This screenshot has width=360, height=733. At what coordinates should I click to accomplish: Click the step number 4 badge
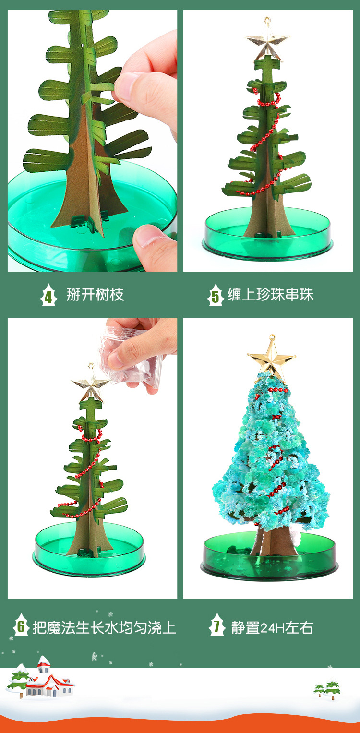pos(48,295)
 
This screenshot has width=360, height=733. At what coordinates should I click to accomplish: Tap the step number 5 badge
pos(216,295)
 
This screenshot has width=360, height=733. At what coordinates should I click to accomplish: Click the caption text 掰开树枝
pos(95,295)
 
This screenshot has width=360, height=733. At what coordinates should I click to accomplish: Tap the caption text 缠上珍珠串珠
pos(271,295)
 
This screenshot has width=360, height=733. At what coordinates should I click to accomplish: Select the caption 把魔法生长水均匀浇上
pos(104,627)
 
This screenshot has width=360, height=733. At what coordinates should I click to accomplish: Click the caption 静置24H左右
pos(272,627)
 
